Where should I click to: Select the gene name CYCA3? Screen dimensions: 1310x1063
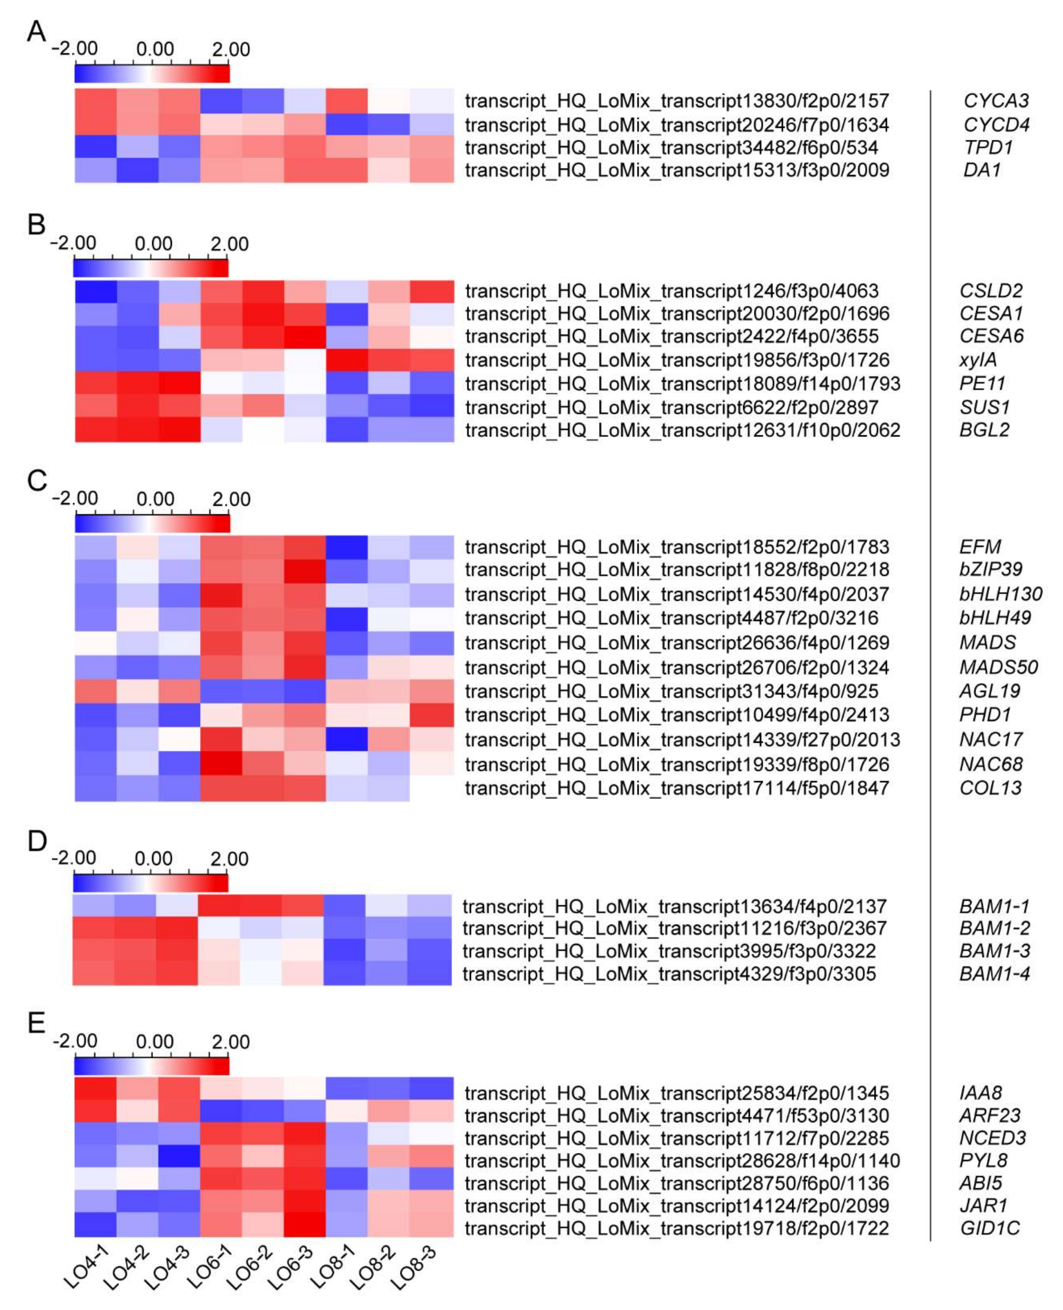coord(996,100)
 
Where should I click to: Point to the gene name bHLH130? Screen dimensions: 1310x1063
coord(1000,594)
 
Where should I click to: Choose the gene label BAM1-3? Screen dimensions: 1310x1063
coord(994,951)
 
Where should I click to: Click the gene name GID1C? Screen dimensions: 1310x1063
coord(989,1228)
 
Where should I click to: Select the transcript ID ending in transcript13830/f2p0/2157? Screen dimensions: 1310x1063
coord(677,100)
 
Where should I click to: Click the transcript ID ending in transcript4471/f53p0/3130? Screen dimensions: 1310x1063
coord(677,1115)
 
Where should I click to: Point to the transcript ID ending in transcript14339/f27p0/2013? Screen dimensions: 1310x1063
coord(682,739)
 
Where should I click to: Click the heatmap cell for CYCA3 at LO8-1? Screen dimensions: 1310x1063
coord(346,100)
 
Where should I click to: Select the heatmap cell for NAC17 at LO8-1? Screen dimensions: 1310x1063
coord(346,739)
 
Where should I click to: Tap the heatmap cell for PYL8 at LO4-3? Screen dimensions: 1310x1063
coord(180,1161)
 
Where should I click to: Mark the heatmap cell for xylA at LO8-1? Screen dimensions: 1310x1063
coord(346,359)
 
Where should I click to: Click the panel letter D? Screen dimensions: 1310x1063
coord(37,841)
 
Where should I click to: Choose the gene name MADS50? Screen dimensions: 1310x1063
coord(998,667)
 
